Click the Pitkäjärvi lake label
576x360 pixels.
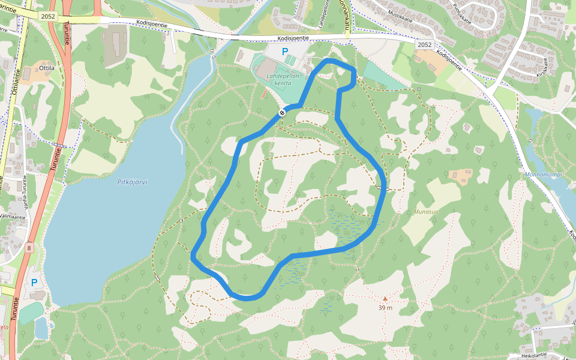click(133, 182)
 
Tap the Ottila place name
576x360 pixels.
click(47, 68)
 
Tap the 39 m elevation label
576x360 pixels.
click(385, 308)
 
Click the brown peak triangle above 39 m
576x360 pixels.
click(385, 298)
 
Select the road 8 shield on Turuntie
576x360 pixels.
click(29, 247)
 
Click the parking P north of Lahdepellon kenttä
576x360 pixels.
click(285, 52)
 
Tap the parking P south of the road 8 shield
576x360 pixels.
click(34, 283)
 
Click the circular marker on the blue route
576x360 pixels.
click(282, 113)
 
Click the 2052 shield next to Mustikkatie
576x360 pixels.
click(424, 45)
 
